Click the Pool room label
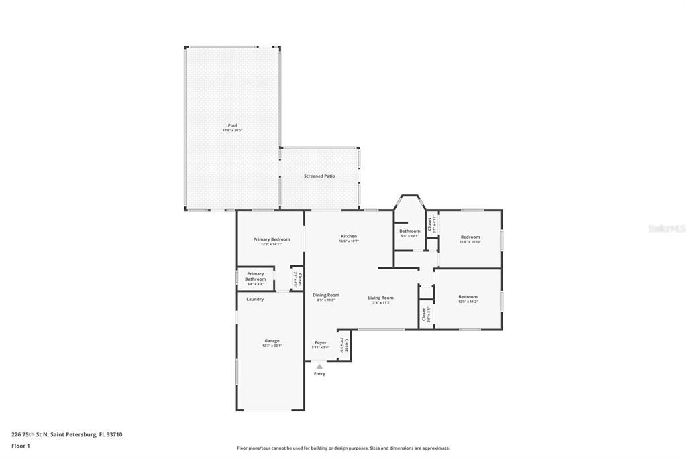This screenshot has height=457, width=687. pos(232,126)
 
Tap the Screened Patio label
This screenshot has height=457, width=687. pos(320,176)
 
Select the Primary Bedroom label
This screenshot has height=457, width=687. pos(271,239)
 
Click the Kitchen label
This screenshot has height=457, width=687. pos(348,237)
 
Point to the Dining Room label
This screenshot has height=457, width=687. pos(326,296)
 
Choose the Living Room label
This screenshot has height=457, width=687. pos(380,298)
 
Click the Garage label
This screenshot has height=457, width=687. pos(272,341)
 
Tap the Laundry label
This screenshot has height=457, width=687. pos(255,299)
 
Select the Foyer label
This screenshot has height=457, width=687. pos(320,343)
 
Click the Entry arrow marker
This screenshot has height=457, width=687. pos(319,366)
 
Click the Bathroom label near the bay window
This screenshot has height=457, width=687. pos(409,231)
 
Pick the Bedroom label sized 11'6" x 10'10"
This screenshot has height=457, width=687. pos(470,237)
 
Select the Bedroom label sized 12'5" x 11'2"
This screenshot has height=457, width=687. pos(468,298)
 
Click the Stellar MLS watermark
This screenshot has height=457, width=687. pos(666,228)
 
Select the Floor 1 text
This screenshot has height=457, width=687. pos(21,445)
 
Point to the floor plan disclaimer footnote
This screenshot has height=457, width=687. pos(343,448)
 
